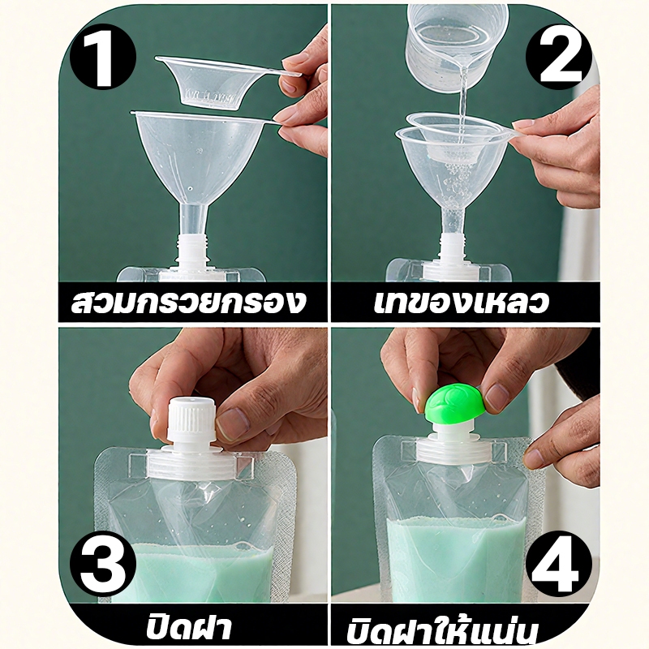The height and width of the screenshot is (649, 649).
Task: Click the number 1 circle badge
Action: tap(103, 56)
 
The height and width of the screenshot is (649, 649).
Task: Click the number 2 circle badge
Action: tap(559, 56)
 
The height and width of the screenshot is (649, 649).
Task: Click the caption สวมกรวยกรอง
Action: tap(188, 302)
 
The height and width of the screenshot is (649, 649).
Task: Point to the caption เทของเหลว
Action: tap(462, 302)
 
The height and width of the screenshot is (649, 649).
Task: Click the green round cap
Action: tap(454, 404)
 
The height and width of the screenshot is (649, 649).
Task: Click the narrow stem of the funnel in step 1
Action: tap(192, 219)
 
